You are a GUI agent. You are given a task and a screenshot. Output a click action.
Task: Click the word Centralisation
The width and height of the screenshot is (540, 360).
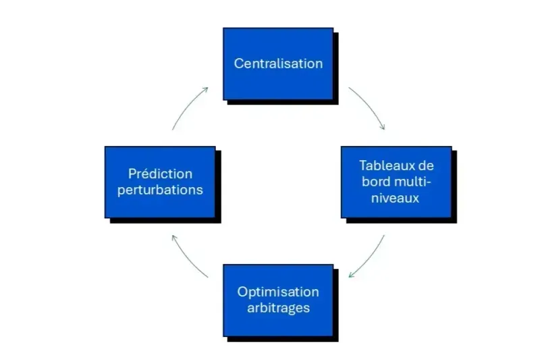[x=278, y=63]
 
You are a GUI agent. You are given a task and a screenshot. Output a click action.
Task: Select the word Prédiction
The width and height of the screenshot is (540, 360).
[x=160, y=174]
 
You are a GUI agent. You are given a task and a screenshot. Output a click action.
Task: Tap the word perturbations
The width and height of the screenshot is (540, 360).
[x=160, y=190]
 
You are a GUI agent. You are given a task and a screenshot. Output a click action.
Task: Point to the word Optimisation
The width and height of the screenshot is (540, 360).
[x=278, y=292]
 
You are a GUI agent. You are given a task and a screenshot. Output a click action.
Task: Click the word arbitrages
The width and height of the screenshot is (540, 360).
[x=278, y=308]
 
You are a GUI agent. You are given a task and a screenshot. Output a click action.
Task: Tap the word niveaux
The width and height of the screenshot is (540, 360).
[x=396, y=198]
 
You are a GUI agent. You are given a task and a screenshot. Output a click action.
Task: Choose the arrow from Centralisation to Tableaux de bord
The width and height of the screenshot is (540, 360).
[x=369, y=106]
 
